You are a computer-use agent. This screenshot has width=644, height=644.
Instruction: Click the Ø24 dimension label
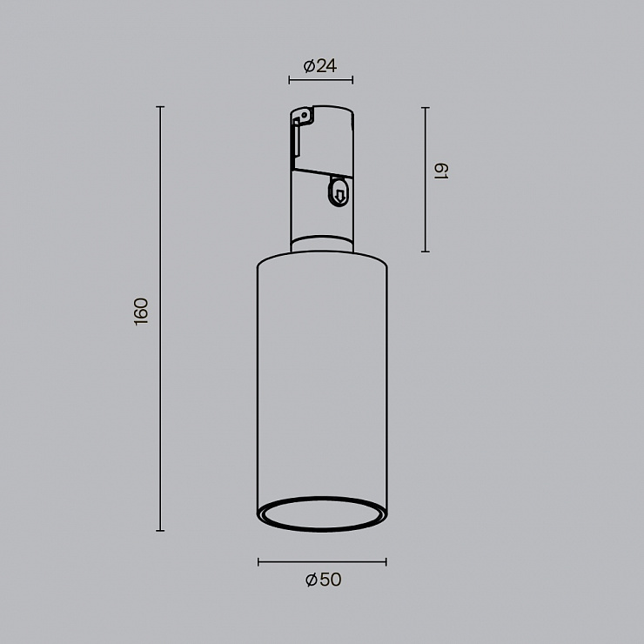320,66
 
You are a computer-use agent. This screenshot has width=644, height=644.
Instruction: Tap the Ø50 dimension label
323,580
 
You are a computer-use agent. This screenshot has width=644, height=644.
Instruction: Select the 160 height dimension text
141,312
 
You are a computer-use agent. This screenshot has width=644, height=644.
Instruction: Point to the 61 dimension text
441,171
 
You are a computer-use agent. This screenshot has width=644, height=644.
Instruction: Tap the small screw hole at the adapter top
305,115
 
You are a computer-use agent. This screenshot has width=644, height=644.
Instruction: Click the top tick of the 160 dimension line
160,107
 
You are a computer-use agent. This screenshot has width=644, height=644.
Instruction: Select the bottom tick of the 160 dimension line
160,531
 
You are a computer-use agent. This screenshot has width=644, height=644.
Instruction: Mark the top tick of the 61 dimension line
426,108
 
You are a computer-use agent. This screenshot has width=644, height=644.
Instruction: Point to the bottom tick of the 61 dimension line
426,252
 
